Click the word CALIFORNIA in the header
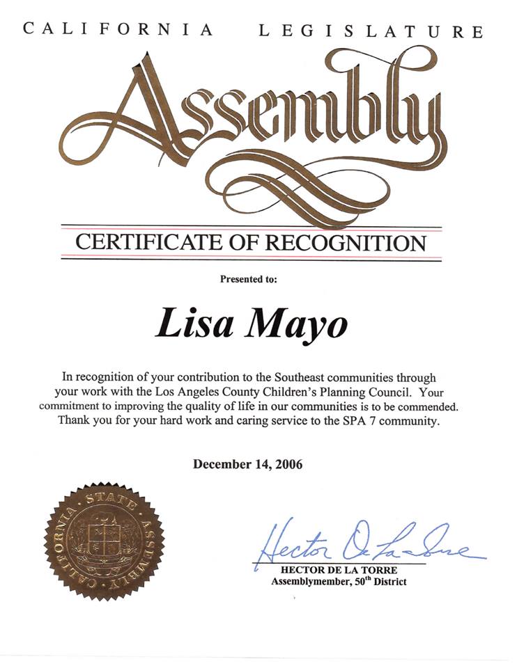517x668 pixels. (x=117, y=29)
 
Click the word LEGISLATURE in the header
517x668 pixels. (x=371, y=31)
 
